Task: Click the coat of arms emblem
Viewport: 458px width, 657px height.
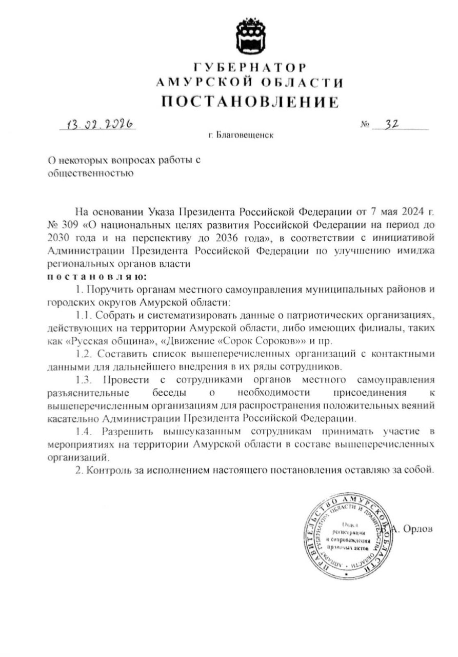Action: (250, 36)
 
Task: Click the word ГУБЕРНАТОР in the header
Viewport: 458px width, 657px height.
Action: (250, 68)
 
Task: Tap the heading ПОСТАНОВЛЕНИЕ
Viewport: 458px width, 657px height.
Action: (250, 101)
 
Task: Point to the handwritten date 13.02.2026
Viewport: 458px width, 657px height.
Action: (98, 124)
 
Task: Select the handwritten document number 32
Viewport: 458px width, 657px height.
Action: (393, 124)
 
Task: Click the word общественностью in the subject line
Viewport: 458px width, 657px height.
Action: (91, 173)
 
